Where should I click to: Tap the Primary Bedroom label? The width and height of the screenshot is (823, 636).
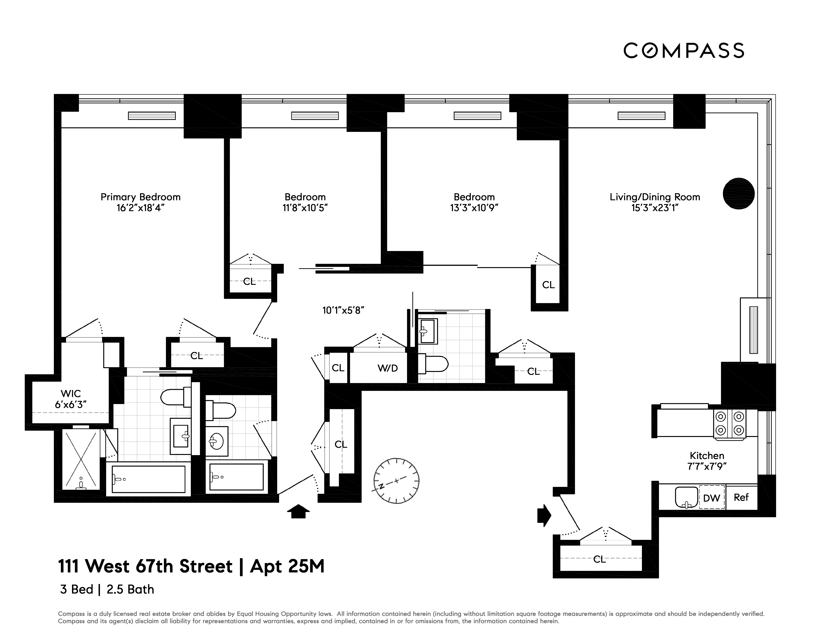(140, 197)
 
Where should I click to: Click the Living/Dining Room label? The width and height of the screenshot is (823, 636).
(654, 197)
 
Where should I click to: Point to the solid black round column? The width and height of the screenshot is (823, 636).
(738, 194)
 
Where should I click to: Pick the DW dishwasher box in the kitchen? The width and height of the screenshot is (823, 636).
(712, 498)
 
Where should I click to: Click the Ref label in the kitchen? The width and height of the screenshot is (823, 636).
(741, 497)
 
